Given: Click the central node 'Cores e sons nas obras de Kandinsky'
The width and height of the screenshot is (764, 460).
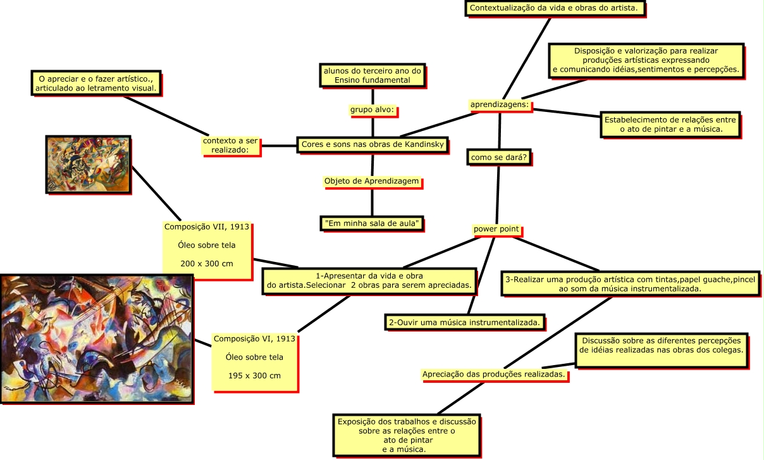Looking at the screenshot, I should (x=374, y=144).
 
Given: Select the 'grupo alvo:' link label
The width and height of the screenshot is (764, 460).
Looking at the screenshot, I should (x=372, y=110).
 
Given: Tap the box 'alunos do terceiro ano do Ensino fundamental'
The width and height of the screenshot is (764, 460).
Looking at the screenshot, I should (x=372, y=75).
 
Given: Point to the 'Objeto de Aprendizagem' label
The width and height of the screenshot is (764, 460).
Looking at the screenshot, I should (x=372, y=182).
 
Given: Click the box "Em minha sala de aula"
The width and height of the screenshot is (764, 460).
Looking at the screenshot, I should (x=372, y=223).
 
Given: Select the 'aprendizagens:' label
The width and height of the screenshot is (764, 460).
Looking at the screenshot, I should (x=500, y=104).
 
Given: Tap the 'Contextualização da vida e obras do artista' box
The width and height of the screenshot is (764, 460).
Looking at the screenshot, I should (x=556, y=8).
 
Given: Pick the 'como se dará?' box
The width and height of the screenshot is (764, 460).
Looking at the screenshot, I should (x=499, y=156).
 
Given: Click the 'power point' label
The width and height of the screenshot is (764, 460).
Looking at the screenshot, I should (x=496, y=229).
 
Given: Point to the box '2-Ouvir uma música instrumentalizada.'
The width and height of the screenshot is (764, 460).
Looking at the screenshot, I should (x=465, y=322).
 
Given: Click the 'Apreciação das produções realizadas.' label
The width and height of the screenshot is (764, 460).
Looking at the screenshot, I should (x=493, y=375).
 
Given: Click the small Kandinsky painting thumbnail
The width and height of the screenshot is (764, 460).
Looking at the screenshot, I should (x=88, y=164).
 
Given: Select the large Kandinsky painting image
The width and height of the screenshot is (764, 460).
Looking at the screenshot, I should (x=97, y=339).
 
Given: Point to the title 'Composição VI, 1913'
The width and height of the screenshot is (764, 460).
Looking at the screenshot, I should (x=254, y=339).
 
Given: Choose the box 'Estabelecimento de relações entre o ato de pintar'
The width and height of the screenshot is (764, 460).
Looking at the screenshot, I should (x=670, y=124).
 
